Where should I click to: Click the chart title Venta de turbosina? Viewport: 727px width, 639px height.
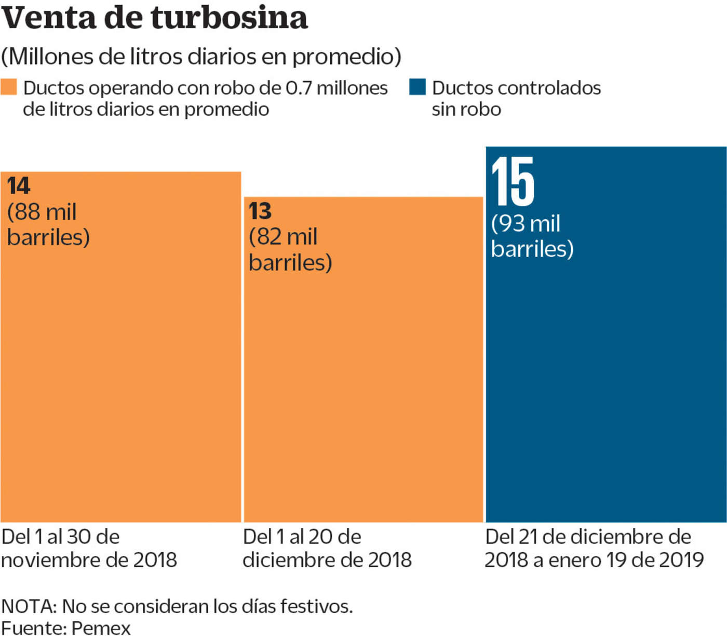coord(154,18)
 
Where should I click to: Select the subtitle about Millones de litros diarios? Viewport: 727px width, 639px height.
coord(201,56)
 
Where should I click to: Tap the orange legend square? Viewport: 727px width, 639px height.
coord(9,87)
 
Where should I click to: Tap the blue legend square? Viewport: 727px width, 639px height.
coord(417,87)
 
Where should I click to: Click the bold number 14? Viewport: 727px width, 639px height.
coord(19,186)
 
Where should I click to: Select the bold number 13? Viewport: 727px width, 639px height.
coord(260,211)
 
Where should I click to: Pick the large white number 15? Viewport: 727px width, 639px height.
coord(513,182)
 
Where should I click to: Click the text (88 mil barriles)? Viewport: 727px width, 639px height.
coord(48,224)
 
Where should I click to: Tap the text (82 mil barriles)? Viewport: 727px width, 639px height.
coord(290,250)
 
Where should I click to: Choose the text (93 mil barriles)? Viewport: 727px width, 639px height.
coord(532,236)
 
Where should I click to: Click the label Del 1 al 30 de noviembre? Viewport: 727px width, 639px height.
coord(89,548)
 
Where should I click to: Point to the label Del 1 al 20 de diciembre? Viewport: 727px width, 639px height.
coord(327,548)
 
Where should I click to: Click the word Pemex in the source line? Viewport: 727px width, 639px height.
coord(101,628)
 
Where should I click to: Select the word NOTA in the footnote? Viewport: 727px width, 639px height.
coord(29,606)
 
